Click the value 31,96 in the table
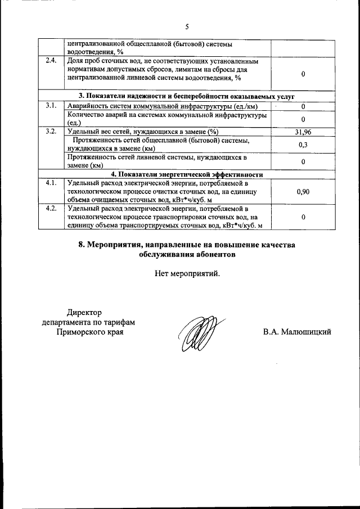pos(303,132)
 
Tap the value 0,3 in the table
pos(303,145)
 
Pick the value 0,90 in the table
pos(303,192)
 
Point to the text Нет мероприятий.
pos(187,274)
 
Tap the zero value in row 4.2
pos(303,217)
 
